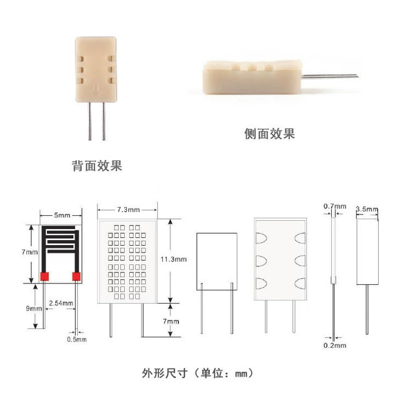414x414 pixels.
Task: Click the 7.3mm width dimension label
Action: (128, 210)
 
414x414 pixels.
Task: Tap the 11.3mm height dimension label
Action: (173, 259)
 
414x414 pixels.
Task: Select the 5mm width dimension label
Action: (62, 215)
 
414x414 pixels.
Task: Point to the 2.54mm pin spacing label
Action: (61, 303)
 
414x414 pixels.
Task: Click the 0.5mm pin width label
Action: (77, 339)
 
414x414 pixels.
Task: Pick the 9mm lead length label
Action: (34, 308)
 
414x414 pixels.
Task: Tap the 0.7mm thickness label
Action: (335, 206)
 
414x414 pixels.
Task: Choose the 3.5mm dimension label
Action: (367, 209)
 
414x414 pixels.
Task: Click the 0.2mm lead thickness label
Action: (335, 346)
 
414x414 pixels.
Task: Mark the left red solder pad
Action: (45, 277)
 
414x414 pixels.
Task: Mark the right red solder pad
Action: (77, 277)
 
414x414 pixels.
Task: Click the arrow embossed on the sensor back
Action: (96, 90)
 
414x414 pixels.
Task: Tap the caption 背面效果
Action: (97, 166)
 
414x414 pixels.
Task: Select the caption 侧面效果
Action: (269, 134)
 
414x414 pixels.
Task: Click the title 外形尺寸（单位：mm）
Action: (198, 373)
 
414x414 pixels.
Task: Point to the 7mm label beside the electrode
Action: (30, 252)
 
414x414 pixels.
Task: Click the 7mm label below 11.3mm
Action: (171, 322)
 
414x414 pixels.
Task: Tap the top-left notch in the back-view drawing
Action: (261, 238)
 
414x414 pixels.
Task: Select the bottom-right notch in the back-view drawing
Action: (300, 284)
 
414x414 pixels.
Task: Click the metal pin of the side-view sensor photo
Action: (330, 77)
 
